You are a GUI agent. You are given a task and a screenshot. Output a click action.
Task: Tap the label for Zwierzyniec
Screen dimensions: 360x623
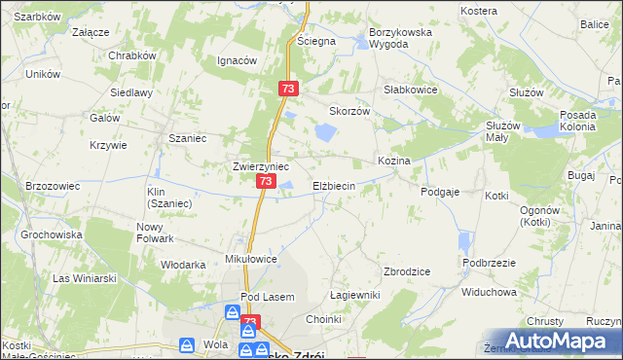tap(260, 166)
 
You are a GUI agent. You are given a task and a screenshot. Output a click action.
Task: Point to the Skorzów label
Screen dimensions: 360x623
tap(350, 111)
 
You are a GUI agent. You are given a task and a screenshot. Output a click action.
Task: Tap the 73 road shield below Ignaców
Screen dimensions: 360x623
tap(287, 89)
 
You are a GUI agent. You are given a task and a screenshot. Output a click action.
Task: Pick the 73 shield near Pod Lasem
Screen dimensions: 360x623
tap(250, 322)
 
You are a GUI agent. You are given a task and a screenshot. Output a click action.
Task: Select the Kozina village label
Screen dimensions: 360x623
tap(394, 160)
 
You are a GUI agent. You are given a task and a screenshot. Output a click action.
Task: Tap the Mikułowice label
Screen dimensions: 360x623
tap(252, 260)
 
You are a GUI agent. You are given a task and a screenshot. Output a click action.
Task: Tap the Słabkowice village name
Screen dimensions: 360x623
tap(410, 90)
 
